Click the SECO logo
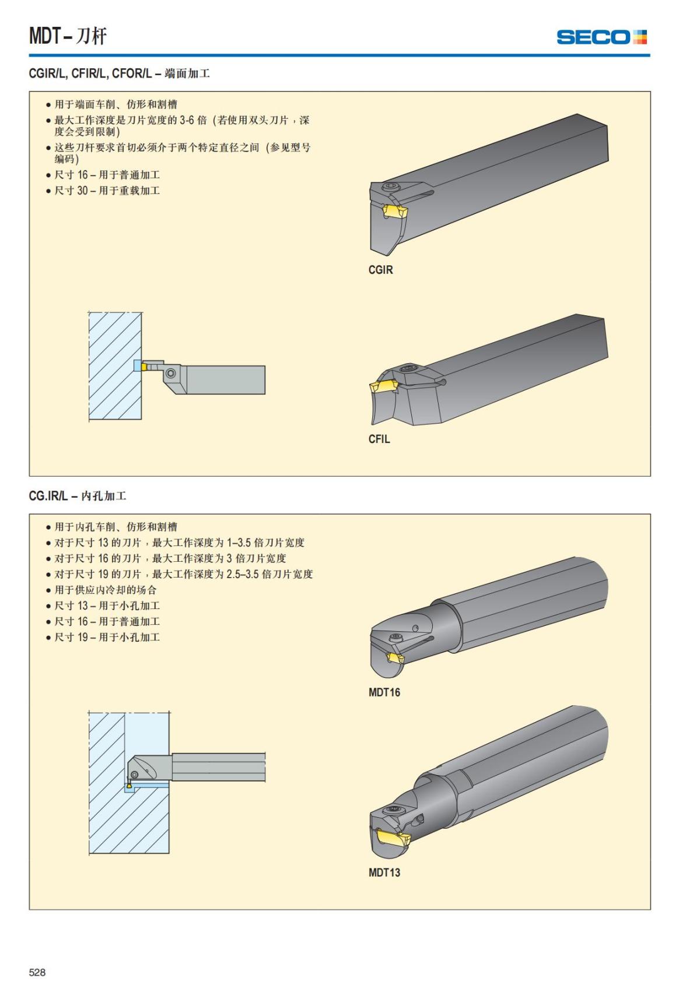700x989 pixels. pyautogui.click(x=601, y=37)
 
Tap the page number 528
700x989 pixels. pyautogui.click(x=37, y=972)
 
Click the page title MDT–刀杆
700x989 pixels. pyautogui.click(x=68, y=36)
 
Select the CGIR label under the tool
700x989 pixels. pyautogui.click(x=380, y=270)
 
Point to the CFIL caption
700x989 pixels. pyautogui.click(x=379, y=439)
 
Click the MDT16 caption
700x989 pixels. pyautogui.click(x=384, y=692)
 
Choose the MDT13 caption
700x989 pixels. pyautogui.click(x=384, y=872)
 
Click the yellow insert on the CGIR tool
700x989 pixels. pyautogui.click(x=394, y=211)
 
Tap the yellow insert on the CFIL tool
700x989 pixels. pyautogui.click(x=382, y=386)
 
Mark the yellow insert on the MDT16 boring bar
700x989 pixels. pyautogui.click(x=396, y=659)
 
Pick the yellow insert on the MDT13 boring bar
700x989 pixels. pyautogui.click(x=393, y=839)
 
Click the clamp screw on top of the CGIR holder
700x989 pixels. pyautogui.click(x=389, y=187)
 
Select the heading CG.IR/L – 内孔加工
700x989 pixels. pyautogui.click(x=78, y=496)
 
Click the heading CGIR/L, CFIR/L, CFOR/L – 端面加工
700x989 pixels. pyautogui.click(x=119, y=73)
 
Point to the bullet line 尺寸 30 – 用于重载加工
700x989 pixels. pyautogui.click(x=107, y=191)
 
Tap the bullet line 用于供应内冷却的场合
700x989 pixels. pyautogui.click(x=106, y=590)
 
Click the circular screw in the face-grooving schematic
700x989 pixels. pyautogui.click(x=170, y=373)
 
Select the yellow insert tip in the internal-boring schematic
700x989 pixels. pyautogui.click(x=129, y=786)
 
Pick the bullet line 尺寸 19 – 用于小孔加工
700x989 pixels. pyautogui.click(x=107, y=637)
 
